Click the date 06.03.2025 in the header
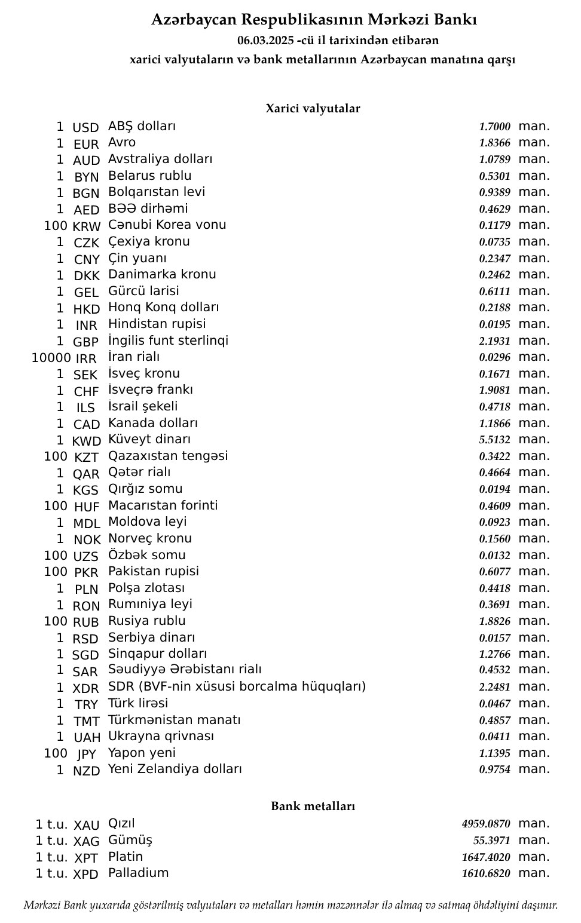coord(265,41)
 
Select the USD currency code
coord(85,128)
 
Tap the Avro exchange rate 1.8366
coord(494,143)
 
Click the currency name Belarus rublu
coord(149,176)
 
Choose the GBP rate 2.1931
coord(494,341)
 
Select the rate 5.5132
coord(494,440)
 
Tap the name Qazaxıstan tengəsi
coord(168,456)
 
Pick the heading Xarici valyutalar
coord(313,109)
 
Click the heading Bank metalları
coord(313,806)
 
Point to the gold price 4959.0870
coord(486,824)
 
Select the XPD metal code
coord(85,874)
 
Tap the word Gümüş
coord(130,841)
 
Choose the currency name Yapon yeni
coord(142,753)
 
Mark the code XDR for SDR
coord(85,688)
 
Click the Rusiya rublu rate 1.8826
coord(494,621)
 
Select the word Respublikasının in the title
coord(302,20)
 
